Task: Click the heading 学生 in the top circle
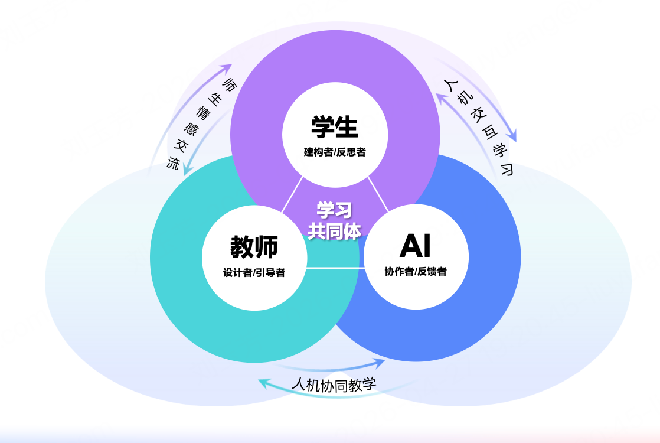[x=335, y=127]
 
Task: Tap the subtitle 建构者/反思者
[x=335, y=152]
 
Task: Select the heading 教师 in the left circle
[x=254, y=247]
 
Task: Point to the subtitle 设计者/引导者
[x=254, y=273]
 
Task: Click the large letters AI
[x=415, y=246]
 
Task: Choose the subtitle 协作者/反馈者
[x=416, y=272]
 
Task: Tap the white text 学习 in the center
[x=334, y=210]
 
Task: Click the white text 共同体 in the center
[x=334, y=230]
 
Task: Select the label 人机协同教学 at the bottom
[x=334, y=385]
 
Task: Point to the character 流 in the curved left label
[x=173, y=163]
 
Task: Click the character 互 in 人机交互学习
[x=486, y=132]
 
